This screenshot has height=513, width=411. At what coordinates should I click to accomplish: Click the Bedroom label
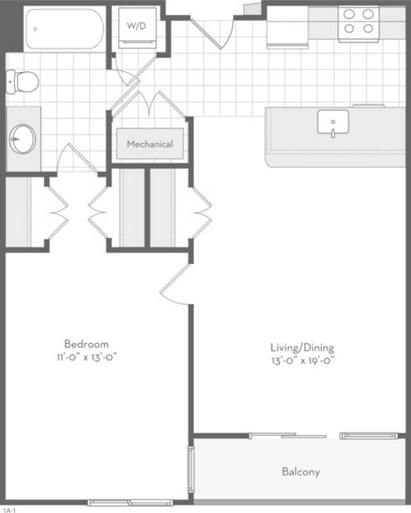click(85, 344)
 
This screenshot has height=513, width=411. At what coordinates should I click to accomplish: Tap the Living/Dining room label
click(302, 348)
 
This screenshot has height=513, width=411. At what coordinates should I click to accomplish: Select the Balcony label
click(301, 472)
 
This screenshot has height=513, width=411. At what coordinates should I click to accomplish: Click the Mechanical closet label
click(149, 144)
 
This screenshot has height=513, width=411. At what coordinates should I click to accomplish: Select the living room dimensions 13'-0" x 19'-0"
click(302, 360)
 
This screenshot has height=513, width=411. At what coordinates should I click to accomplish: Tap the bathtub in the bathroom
click(64, 29)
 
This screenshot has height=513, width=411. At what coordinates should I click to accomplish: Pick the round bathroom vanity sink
click(23, 139)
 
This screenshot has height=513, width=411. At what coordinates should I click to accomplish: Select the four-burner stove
click(358, 21)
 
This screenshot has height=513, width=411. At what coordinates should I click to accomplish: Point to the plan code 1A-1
click(8, 509)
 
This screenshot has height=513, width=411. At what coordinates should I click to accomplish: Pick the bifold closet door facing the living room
click(201, 213)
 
